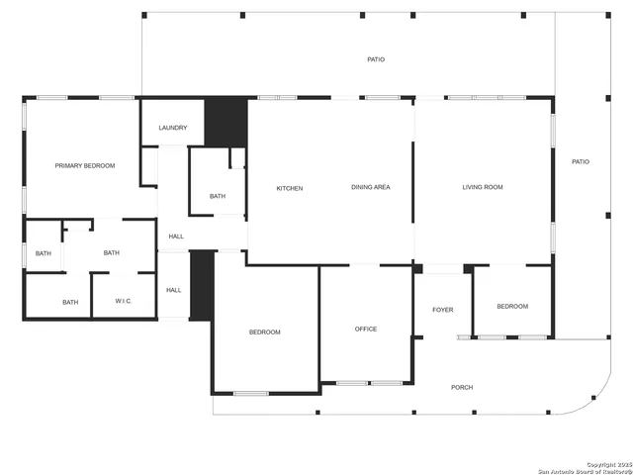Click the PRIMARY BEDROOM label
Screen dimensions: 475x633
pyautogui.click(x=85, y=166)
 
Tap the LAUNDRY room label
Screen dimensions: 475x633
pyautogui.click(x=173, y=128)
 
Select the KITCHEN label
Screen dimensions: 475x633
pyautogui.click(x=290, y=188)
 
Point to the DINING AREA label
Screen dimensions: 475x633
pyautogui.click(x=370, y=187)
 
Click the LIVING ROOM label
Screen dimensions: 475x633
pyautogui.click(x=483, y=187)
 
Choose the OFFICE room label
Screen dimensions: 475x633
pyautogui.click(x=366, y=330)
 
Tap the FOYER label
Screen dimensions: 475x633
pyautogui.click(x=443, y=310)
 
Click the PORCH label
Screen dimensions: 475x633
pyautogui.click(x=462, y=387)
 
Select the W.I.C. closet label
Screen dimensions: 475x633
pyautogui.click(x=124, y=302)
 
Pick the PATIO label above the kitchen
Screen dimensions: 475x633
pyautogui.click(x=376, y=59)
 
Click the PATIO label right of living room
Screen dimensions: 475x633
pyautogui.click(x=581, y=161)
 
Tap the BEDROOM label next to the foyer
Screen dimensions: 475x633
pyautogui.click(x=512, y=307)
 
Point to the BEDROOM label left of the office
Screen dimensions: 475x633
pyautogui.click(x=264, y=332)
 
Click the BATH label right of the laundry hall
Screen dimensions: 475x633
pyautogui.click(x=218, y=196)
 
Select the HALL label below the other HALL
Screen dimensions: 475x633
pyautogui.click(x=174, y=290)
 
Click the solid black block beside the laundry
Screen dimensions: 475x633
pyautogui.click(x=226, y=123)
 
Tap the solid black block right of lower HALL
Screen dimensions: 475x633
pyautogui.click(x=202, y=285)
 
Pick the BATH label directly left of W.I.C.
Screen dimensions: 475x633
pyautogui.click(x=70, y=303)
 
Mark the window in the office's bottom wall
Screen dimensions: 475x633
pyautogui.click(x=369, y=383)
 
